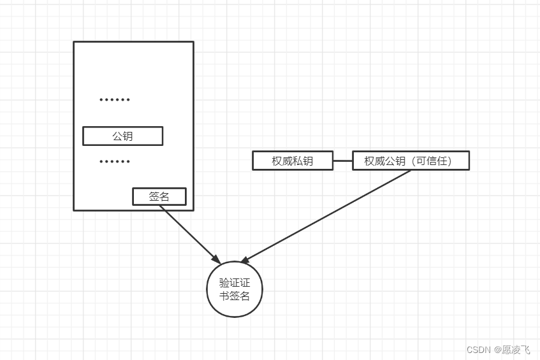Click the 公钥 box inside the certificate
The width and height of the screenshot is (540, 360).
(122, 136)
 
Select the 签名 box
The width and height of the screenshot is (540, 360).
(159, 196)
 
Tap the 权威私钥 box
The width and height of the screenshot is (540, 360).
(293, 161)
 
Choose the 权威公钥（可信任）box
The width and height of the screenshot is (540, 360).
(411, 161)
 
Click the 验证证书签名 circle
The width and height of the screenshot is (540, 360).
(235, 289)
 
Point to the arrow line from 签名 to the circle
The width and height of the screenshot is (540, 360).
(188, 233)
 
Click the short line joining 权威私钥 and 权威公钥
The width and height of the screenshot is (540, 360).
(342, 161)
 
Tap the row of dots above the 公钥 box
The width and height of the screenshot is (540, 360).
(115, 100)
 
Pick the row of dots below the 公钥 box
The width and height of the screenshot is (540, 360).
(115, 162)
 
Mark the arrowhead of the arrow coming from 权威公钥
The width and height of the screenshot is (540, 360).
(244, 260)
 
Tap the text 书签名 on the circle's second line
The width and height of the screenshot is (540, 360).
(235, 296)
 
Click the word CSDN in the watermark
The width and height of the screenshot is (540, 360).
(478, 349)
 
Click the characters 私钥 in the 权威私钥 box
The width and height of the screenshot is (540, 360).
(303, 161)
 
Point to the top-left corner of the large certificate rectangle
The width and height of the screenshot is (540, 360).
(74, 42)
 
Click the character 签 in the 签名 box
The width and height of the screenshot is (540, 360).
(154, 196)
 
